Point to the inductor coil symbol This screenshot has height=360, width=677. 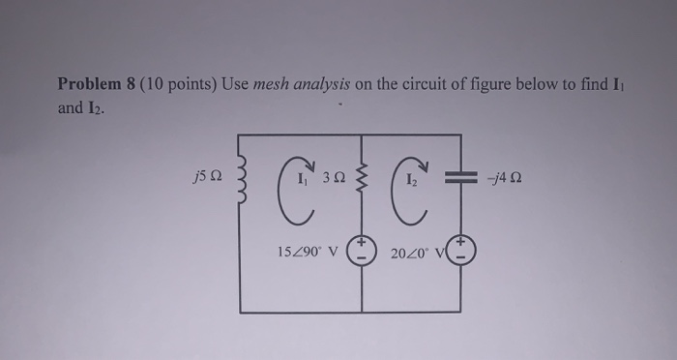241,179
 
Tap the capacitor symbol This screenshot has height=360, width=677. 460,178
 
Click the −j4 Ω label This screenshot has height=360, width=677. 507,178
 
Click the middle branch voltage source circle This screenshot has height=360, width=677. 362,251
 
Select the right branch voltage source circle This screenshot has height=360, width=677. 460,251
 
